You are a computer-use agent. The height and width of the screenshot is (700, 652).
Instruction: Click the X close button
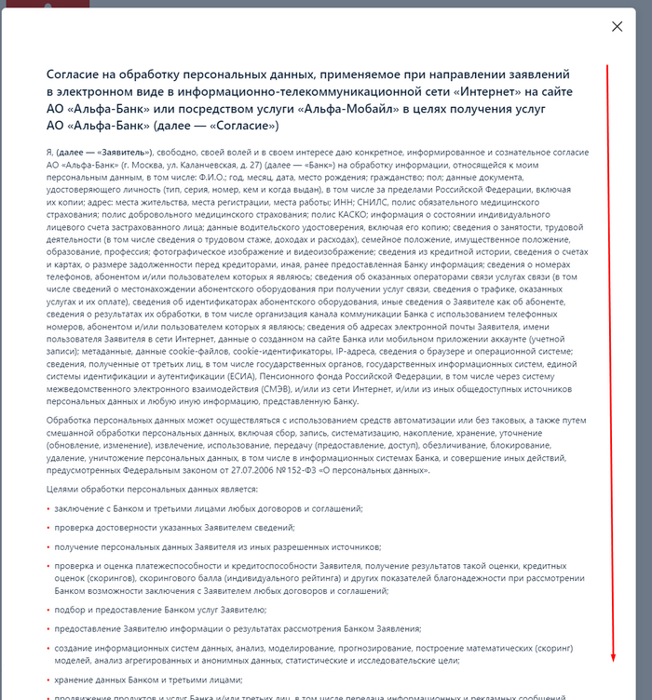(617, 27)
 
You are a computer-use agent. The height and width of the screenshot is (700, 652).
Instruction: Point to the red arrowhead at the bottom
(613, 658)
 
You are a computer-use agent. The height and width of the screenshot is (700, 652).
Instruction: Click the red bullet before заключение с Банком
(48, 507)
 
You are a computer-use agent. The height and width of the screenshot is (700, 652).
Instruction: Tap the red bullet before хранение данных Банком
(48, 680)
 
